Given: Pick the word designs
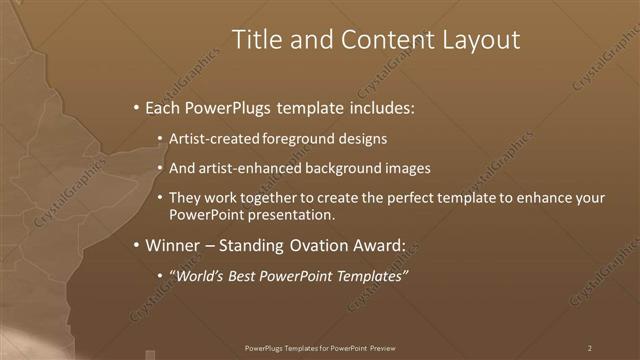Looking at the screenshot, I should click(x=359, y=139).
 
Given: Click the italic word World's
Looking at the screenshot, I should click(x=203, y=276).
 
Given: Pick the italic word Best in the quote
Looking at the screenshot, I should click(x=250, y=276).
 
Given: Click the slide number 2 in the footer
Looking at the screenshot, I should click(x=590, y=348).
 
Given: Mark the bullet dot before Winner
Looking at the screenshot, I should click(x=137, y=245).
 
